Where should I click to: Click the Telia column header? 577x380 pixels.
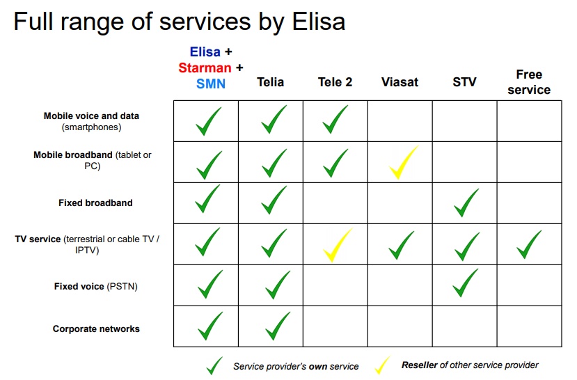click(x=270, y=82)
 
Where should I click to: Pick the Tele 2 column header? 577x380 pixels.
click(x=335, y=82)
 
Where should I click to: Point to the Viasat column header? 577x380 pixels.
click(x=400, y=82)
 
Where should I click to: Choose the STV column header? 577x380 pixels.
click(x=464, y=82)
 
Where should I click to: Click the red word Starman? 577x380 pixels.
click(x=205, y=68)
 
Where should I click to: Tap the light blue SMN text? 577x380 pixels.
click(x=210, y=84)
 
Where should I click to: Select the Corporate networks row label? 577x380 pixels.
click(x=96, y=329)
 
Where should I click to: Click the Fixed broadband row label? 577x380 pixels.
click(x=95, y=203)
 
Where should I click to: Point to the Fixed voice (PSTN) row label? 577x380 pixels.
click(x=95, y=286)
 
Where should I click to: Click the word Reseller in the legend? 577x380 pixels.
click(x=420, y=365)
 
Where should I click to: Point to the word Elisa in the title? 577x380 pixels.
click(x=319, y=22)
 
